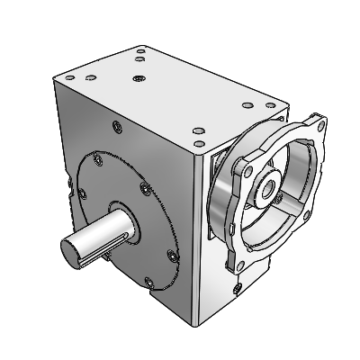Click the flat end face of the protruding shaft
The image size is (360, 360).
tap(71, 247)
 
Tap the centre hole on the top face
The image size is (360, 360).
tap(137, 80)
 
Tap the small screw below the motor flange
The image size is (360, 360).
tap(235, 288)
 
